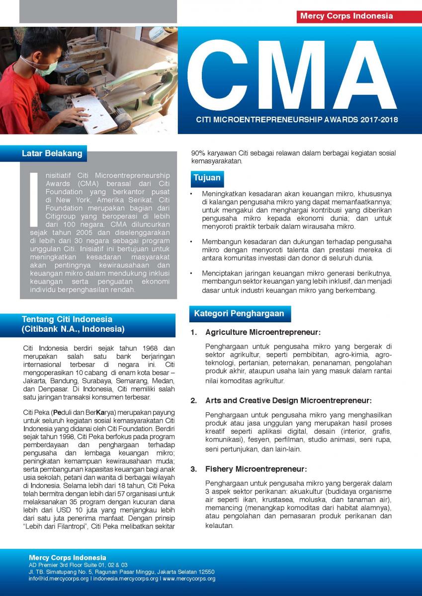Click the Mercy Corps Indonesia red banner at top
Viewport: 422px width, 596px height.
click(x=346, y=16)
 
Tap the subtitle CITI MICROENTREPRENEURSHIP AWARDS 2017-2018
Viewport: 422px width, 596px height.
click(x=297, y=120)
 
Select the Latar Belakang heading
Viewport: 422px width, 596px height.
click(x=52, y=153)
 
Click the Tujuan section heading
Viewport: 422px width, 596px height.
click(x=207, y=177)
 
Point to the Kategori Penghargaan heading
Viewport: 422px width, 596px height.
click(x=239, y=313)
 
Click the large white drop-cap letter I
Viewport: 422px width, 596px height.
click(x=34, y=199)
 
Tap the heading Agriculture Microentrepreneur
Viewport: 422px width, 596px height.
click(x=262, y=332)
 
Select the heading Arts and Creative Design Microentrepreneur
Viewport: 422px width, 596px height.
click(x=288, y=400)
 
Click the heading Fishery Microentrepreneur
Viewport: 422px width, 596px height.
click(x=255, y=469)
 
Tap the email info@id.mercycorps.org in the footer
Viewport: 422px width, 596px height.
click(x=59, y=579)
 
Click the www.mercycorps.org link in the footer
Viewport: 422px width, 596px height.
click(x=189, y=579)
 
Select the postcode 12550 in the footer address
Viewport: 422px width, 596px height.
click(x=205, y=572)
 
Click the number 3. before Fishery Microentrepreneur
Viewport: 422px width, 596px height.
click(x=194, y=469)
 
